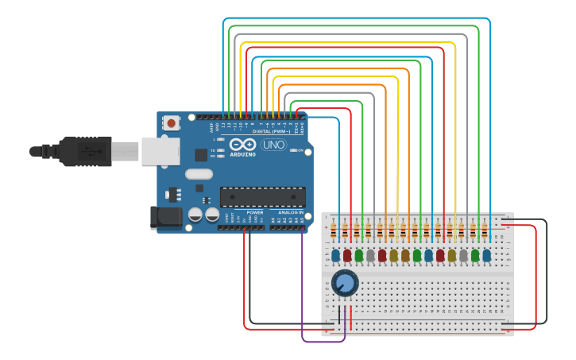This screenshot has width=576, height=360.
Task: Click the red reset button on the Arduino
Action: [x=171, y=122]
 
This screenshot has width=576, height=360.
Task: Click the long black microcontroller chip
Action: [x=262, y=196]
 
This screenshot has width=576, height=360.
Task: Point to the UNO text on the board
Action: [x=273, y=145]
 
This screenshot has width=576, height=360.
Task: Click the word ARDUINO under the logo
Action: [x=244, y=154]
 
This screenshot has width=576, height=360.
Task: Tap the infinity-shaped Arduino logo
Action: [x=243, y=145]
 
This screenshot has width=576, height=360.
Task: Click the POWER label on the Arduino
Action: [x=255, y=213]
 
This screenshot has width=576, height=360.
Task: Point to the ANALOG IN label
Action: [x=290, y=213]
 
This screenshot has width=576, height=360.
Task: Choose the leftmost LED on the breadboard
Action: [x=335, y=255]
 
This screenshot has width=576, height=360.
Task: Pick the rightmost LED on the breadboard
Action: [x=487, y=255]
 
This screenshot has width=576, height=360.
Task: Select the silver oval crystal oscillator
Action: [x=199, y=174]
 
